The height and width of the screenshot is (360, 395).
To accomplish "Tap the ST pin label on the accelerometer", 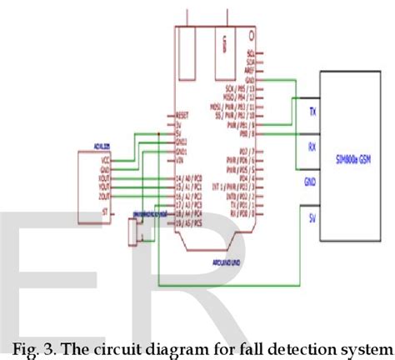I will [104, 213].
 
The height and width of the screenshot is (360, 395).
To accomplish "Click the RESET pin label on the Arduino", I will [185, 115].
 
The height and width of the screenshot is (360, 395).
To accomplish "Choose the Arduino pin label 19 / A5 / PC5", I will [188, 222].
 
